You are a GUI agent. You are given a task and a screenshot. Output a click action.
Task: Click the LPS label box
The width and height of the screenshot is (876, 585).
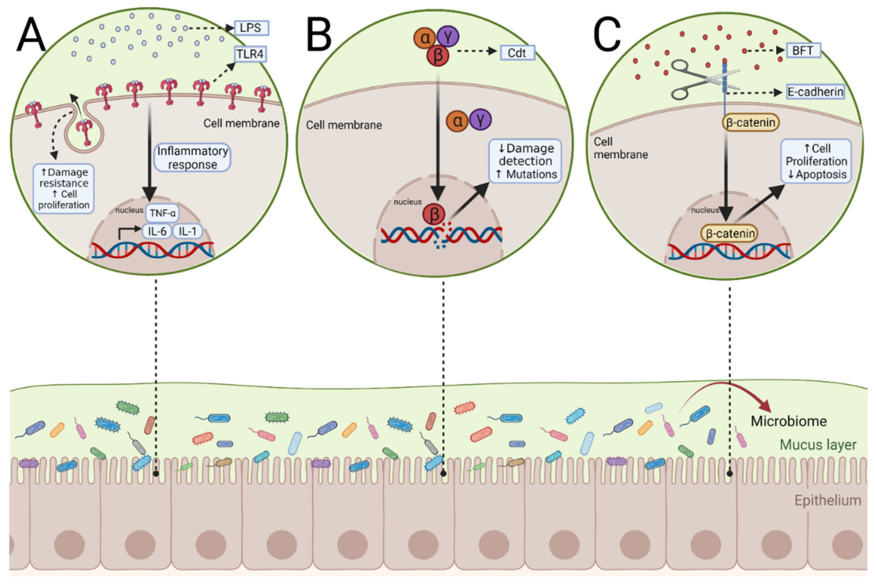(x=251, y=28)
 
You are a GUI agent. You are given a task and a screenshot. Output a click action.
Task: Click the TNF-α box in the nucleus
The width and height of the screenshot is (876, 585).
(x=162, y=213)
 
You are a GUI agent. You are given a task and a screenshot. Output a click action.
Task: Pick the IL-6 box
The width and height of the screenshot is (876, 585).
(x=157, y=231)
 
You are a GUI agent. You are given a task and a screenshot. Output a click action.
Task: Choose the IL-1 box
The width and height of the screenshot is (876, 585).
(x=187, y=231)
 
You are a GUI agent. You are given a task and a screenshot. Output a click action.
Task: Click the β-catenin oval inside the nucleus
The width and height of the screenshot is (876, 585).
(x=730, y=234)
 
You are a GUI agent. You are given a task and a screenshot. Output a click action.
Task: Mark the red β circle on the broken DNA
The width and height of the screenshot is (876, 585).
(x=434, y=214)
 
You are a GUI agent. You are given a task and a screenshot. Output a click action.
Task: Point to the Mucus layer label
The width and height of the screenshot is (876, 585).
(x=818, y=445)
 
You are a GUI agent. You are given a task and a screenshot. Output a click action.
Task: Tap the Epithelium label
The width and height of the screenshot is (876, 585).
(x=827, y=500)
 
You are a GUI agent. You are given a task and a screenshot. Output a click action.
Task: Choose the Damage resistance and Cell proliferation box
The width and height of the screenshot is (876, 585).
(x=64, y=189)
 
